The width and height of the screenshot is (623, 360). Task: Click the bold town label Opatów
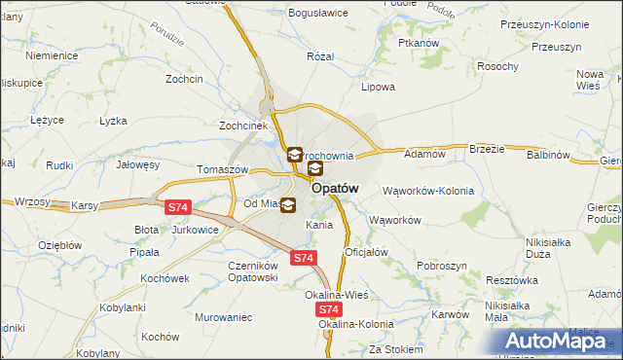[337, 189]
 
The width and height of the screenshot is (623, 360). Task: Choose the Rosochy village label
[496, 66]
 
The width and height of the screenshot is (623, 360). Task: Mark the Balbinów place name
[548, 155]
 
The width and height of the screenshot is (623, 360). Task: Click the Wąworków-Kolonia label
[428, 191]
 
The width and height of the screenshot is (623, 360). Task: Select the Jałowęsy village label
[137, 165]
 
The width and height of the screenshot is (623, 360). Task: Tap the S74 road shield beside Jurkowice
[177, 207]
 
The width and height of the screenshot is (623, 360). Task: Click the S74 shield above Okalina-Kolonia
[329, 308]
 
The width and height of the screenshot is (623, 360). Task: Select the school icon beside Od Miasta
[287, 205]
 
